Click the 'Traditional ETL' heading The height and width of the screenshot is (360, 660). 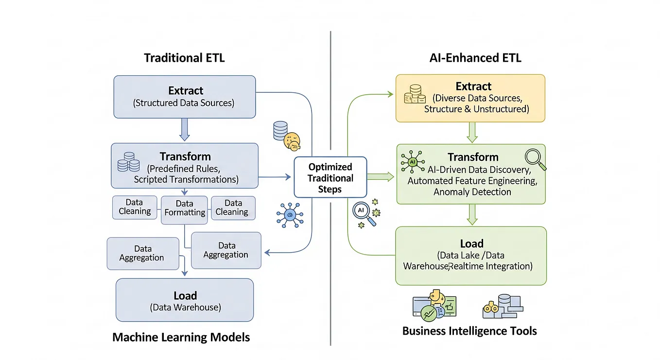coord(184,58)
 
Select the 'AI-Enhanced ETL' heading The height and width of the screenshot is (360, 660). coord(475,58)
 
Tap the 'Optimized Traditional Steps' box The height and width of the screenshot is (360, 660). coord(330,177)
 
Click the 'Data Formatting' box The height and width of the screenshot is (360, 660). coord(185,208)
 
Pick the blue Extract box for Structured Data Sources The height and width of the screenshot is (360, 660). coord(185,96)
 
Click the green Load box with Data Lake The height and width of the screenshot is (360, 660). coord(470,255)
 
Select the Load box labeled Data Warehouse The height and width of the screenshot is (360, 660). coord(185,300)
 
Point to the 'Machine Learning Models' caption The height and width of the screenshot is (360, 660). coord(181,337)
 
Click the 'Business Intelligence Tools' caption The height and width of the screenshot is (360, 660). coord(469,331)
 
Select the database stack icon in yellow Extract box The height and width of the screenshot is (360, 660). coord(415,94)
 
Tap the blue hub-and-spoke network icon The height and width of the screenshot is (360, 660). coord(290,214)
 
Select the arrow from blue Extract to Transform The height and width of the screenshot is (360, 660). coord(185,130)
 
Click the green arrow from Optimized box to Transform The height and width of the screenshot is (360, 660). coord(381,177)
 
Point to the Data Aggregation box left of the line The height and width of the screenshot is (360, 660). coord(142,253)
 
